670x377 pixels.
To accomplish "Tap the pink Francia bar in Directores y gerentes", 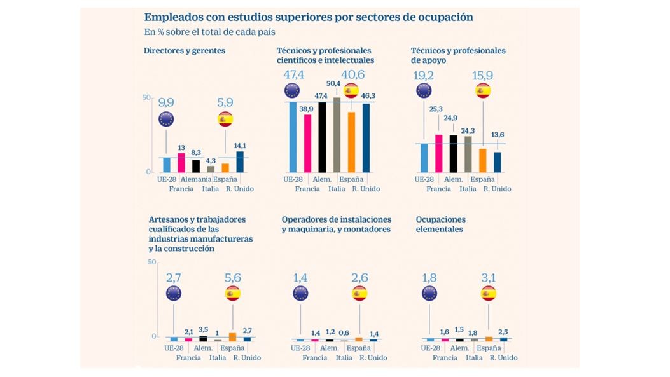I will pyautogui.click(x=181, y=163).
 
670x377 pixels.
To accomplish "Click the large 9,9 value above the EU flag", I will pyautogui.click(x=165, y=102).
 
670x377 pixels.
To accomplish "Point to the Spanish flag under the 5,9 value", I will pyautogui.click(x=225, y=119).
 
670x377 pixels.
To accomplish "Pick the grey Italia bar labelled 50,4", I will pyautogui.click(x=337, y=135).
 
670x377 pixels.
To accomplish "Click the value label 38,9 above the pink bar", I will pyautogui.click(x=306, y=109).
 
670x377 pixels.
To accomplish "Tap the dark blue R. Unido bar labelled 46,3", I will pyautogui.click(x=366, y=137).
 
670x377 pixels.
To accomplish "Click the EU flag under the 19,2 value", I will pyautogui.click(x=424, y=91).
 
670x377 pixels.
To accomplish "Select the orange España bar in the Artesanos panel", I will pyautogui.click(x=232, y=337).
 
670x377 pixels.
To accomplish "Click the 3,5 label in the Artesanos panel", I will pyautogui.click(x=203, y=329).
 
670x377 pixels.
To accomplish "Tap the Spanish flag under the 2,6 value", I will pyautogui.click(x=359, y=293).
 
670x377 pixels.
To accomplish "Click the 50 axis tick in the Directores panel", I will pyautogui.click(x=146, y=97).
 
